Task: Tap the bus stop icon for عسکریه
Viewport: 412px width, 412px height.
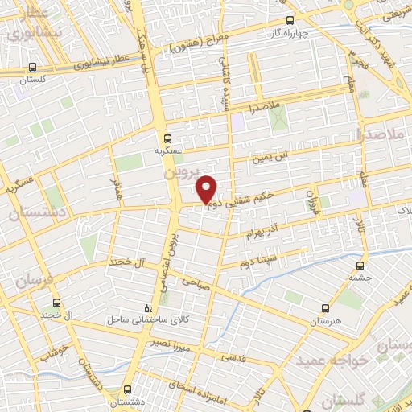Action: (x=168, y=138)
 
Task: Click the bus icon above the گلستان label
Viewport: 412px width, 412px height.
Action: (x=31, y=68)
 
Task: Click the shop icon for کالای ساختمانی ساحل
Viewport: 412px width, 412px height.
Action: (x=146, y=307)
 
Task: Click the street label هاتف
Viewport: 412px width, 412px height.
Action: (x=115, y=192)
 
